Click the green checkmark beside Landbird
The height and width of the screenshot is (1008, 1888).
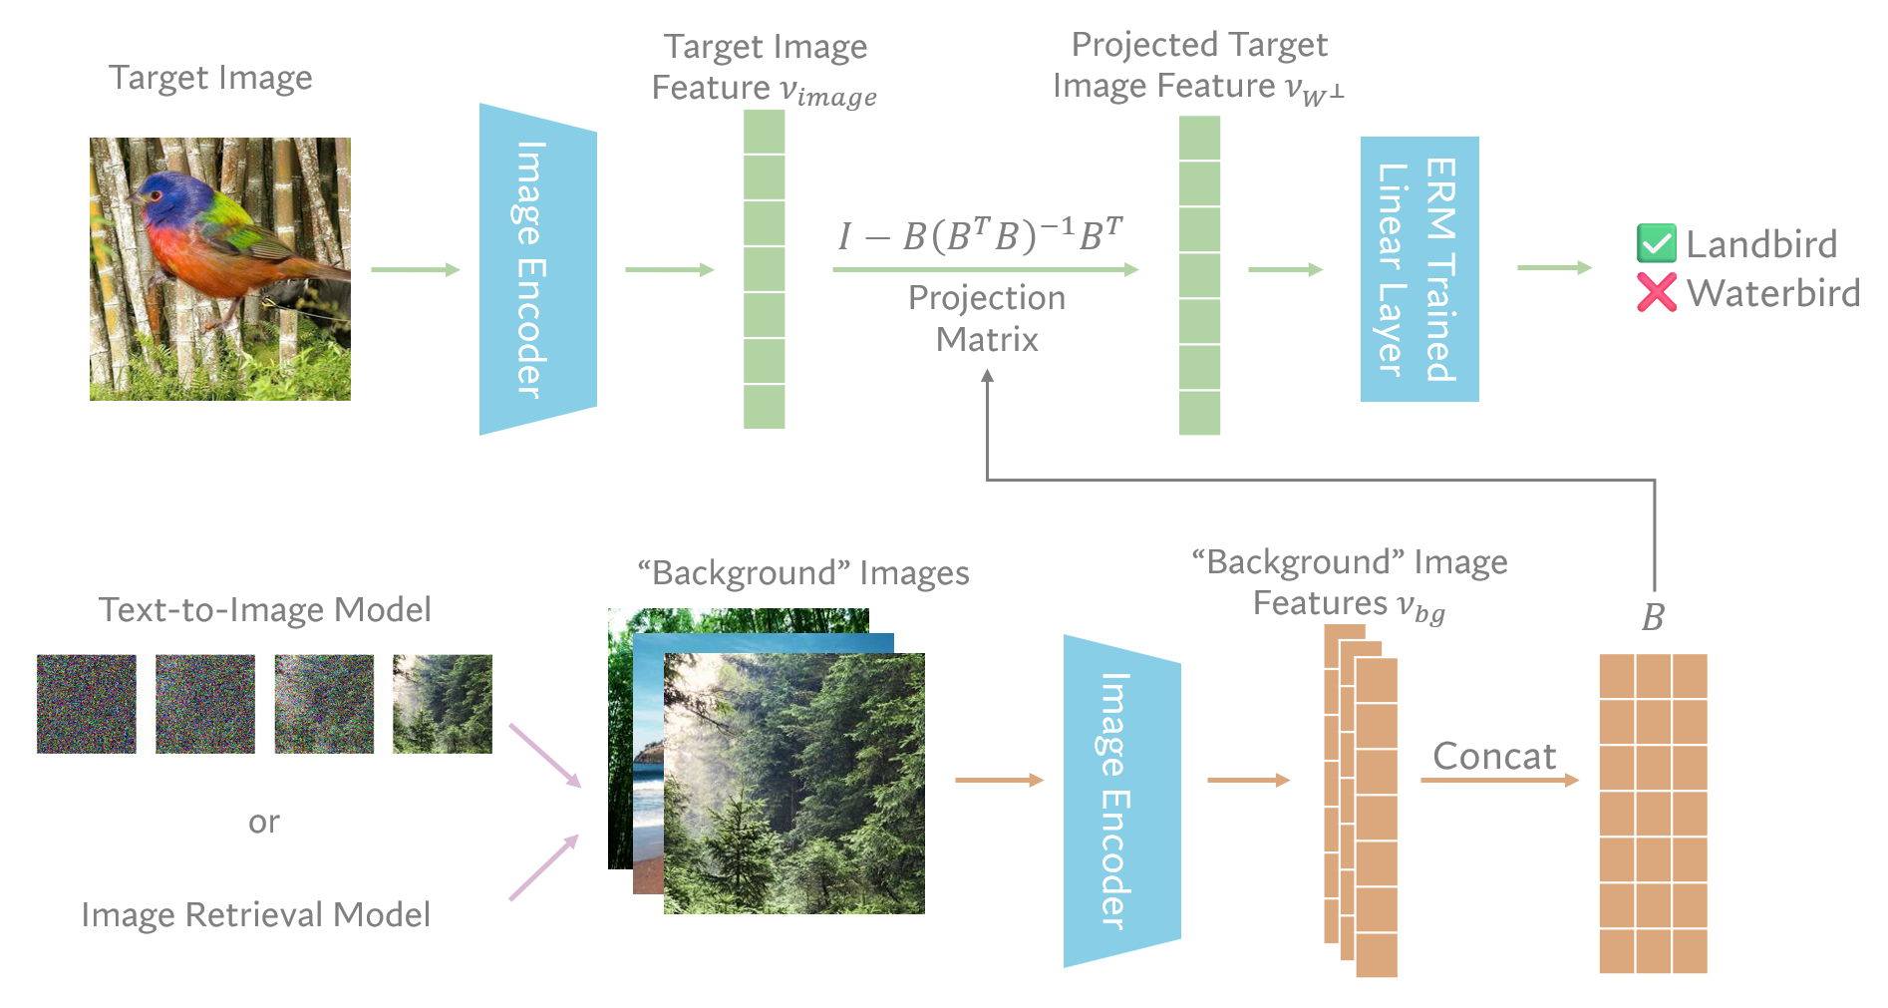pos(1656,243)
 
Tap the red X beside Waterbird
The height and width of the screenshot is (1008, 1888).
pos(1656,292)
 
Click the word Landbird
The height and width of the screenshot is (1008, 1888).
pos(1761,244)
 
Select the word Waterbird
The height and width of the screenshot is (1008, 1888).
pos(1773,293)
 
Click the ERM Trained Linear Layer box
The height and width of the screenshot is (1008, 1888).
pos(1418,269)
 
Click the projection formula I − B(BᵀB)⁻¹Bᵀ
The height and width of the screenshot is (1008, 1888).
pos(981,236)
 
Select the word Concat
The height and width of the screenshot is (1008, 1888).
pos(1494,756)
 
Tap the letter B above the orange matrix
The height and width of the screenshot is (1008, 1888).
pos(1653,618)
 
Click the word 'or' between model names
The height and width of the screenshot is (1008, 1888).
pos(264,823)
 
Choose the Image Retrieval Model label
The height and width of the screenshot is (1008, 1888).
pos(256,914)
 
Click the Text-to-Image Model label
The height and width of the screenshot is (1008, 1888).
pos(265,609)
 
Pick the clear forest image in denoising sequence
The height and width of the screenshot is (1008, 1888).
pos(443,704)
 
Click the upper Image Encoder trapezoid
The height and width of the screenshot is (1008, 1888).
pos(537,269)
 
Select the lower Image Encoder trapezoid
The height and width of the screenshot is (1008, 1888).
pos(1121,801)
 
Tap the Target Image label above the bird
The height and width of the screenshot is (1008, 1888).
pos(210,78)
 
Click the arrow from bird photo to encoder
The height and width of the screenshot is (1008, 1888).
pos(415,269)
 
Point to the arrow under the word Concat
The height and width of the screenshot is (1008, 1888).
pos(1499,780)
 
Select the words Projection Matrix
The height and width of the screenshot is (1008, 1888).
pos(987,319)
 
